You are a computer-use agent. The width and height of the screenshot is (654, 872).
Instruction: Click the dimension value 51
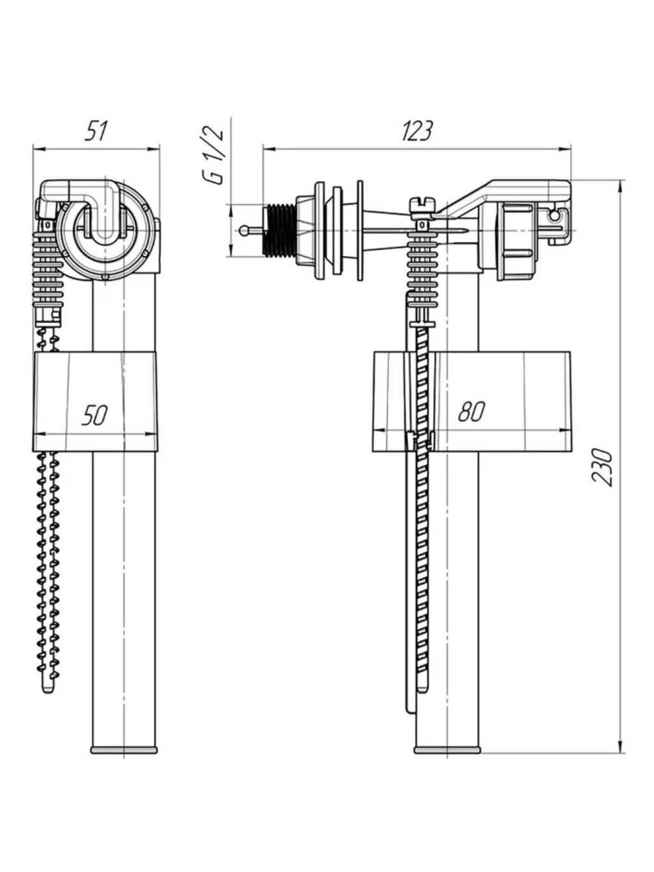(x=95, y=130)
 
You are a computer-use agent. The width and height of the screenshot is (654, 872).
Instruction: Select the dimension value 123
(x=416, y=130)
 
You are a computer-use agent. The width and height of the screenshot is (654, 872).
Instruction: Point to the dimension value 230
(x=604, y=467)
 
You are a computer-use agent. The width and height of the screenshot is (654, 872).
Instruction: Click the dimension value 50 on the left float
(x=94, y=415)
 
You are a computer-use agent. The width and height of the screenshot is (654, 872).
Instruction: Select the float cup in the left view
(x=95, y=402)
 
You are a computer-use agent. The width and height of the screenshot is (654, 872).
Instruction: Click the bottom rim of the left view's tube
(x=125, y=749)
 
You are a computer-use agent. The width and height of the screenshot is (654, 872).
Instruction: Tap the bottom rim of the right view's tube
(x=447, y=749)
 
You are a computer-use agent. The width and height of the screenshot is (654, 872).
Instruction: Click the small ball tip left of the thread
(x=245, y=230)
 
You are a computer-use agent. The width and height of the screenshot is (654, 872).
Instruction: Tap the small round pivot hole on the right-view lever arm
(x=557, y=217)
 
